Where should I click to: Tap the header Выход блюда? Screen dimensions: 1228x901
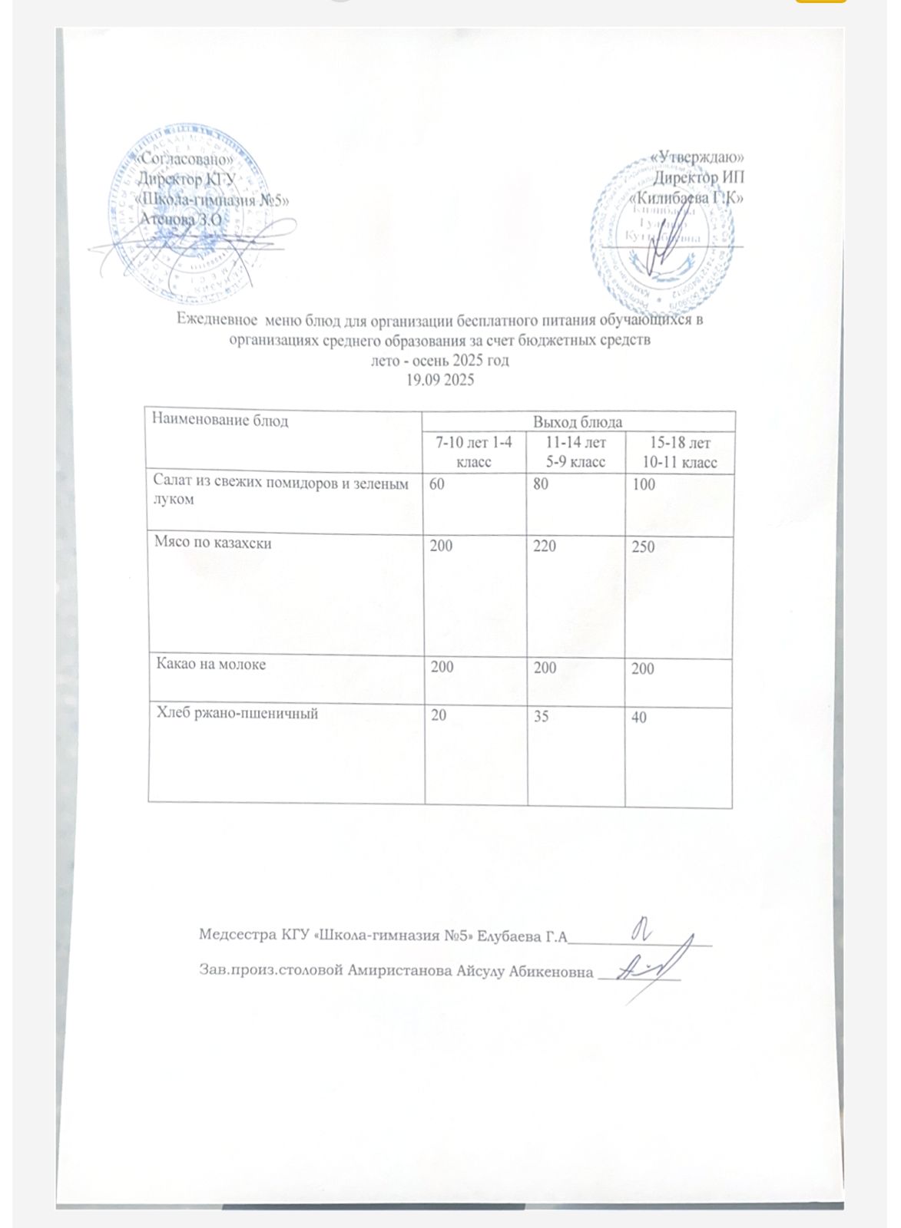(x=578, y=422)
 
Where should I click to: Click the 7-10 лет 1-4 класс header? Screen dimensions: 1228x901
(x=474, y=452)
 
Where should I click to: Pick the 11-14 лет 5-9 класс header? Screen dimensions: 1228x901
(x=575, y=452)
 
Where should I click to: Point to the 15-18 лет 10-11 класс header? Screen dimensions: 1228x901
(x=679, y=453)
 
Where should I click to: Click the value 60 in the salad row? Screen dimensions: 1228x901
(x=436, y=485)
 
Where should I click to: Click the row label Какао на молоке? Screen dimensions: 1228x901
(x=210, y=665)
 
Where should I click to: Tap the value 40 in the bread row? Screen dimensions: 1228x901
(x=638, y=718)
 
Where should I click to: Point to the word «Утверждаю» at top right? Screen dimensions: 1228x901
(x=696, y=157)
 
